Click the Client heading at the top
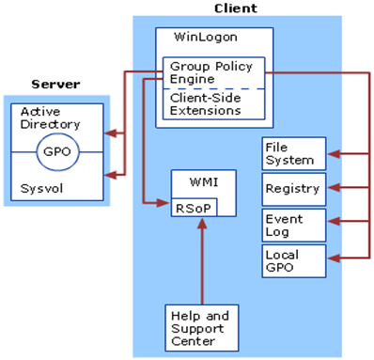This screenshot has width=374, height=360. [x=236, y=8]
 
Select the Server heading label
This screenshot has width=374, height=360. [x=55, y=85]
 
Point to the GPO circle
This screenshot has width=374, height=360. [x=55, y=149]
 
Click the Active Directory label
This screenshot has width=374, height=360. [x=51, y=117]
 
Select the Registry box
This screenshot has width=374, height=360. [x=294, y=188]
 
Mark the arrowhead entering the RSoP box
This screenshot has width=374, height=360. [x=165, y=201]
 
